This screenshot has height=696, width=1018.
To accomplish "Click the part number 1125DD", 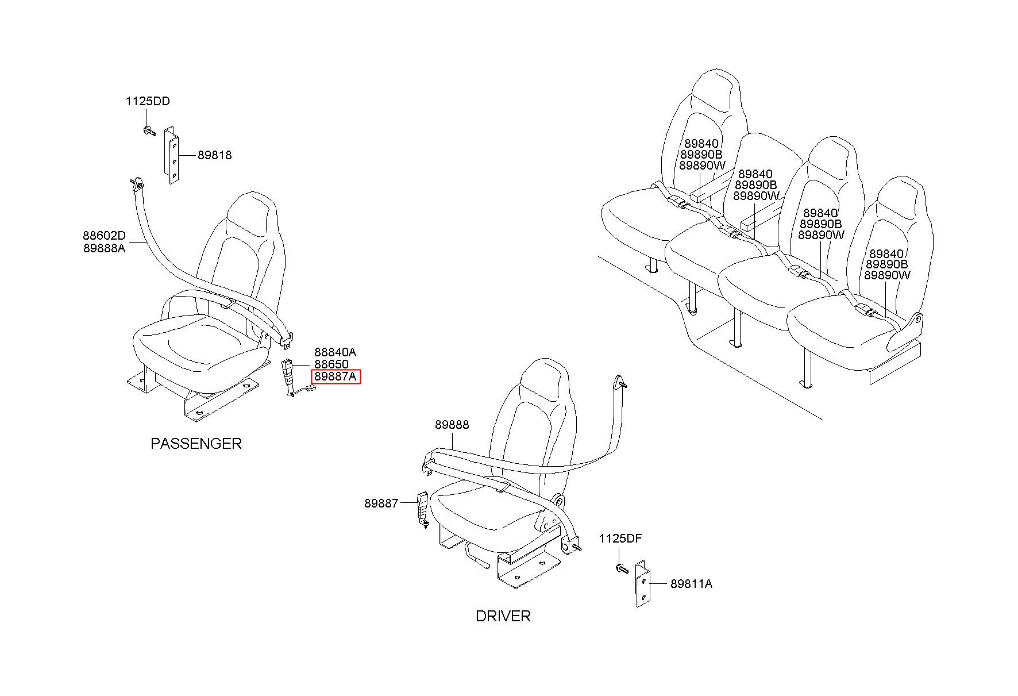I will point(148,102).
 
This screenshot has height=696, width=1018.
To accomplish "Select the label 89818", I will point(214,155).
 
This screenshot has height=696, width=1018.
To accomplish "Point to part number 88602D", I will point(104,236).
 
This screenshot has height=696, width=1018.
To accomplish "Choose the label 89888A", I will point(104,248).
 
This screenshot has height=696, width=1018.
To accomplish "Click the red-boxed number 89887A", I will point(336,377).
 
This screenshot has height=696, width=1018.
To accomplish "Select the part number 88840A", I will point(335,352).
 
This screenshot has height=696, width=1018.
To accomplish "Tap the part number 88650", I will point(331,365).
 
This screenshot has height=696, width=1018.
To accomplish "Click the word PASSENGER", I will point(196,444).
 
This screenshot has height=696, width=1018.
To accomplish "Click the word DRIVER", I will point(503,616).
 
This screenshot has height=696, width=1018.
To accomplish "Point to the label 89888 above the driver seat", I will point(452,425).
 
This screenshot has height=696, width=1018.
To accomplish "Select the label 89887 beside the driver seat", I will point(381,503).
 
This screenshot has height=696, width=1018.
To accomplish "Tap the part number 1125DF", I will point(620,539).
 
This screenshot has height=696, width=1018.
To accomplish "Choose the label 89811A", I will point(691,584).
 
